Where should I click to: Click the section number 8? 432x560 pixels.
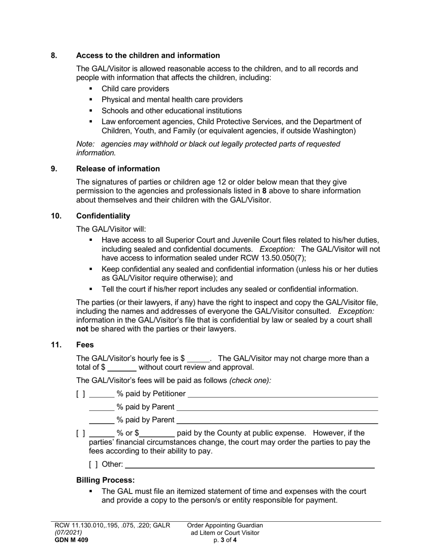(54, 56)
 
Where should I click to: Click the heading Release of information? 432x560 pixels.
(118, 169)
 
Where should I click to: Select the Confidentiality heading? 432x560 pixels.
(103, 216)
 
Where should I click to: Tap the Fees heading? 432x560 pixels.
(85, 345)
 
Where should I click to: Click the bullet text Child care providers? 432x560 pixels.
(135, 89)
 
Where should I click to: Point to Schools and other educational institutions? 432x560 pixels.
(171, 111)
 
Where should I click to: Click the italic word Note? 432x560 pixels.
(85, 144)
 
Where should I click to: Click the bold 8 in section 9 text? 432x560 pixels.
(265, 191)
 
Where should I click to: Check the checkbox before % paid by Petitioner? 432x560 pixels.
(80, 394)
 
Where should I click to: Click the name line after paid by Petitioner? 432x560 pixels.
(282, 394)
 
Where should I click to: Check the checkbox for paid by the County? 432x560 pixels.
(80, 433)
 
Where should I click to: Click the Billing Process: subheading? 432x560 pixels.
(105, 480)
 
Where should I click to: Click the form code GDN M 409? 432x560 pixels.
(71, 540)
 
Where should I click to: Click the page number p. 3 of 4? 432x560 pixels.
(225, 540)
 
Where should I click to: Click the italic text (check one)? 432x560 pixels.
(250, 380)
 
